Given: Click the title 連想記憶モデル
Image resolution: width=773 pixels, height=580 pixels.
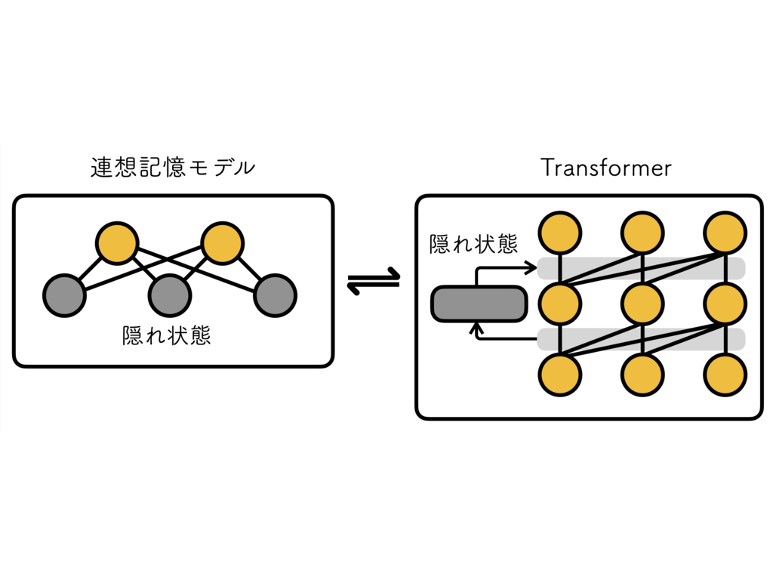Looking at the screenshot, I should (172, 168).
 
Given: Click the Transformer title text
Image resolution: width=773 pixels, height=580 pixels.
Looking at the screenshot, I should (605, 168).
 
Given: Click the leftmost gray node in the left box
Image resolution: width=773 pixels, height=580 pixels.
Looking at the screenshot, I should (64, 295).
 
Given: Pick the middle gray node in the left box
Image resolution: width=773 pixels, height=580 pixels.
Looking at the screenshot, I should (170, 295).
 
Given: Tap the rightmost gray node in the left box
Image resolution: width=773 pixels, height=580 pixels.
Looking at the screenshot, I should (275, 295).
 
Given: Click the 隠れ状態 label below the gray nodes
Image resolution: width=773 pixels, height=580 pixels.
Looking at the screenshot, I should (166, 335).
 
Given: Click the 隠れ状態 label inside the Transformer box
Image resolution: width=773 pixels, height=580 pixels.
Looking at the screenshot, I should (473, 245).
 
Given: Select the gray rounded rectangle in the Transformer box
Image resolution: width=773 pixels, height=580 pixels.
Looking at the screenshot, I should (478, 304).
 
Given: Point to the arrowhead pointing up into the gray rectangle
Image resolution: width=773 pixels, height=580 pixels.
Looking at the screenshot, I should (476, 328).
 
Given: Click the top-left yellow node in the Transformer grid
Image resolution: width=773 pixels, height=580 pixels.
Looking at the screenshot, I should (559, 233).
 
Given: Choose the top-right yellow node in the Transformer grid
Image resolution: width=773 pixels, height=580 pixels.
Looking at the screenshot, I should (725, 233).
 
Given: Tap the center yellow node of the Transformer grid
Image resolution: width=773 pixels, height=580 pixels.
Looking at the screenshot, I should (642, 304).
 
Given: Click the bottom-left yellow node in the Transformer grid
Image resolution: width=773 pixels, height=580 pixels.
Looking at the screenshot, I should (559, 375).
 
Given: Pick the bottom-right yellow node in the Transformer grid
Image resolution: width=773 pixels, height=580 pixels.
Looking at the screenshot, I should (725, 375).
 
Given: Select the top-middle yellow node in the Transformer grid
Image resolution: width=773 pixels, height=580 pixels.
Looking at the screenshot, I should (642, 233).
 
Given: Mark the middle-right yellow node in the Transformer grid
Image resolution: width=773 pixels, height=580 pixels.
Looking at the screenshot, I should (725, 304).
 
